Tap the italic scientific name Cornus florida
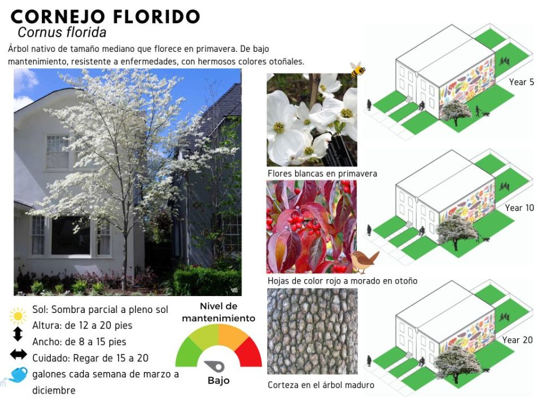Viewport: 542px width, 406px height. [62, 33]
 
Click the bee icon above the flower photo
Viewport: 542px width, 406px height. [357, 69]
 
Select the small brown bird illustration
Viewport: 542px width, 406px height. [364, 261]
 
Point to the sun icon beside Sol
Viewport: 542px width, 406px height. [18, 316]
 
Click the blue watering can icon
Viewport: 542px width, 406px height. [15, 376]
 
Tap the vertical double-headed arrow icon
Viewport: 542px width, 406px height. [18, 334]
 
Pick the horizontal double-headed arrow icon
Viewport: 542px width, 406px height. [18, 354]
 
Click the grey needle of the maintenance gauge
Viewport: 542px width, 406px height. [215, 366]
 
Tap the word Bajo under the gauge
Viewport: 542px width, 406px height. [218, 381]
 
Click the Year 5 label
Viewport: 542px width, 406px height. [522, 82]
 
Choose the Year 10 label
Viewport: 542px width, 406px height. [519, 208]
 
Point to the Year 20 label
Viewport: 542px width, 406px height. [518, 339]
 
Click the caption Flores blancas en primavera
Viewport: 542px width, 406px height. [322, 173]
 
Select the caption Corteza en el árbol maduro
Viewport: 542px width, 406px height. [321, 385]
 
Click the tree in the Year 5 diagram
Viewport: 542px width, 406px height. [456, 112]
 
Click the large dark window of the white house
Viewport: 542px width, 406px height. [71, 236]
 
